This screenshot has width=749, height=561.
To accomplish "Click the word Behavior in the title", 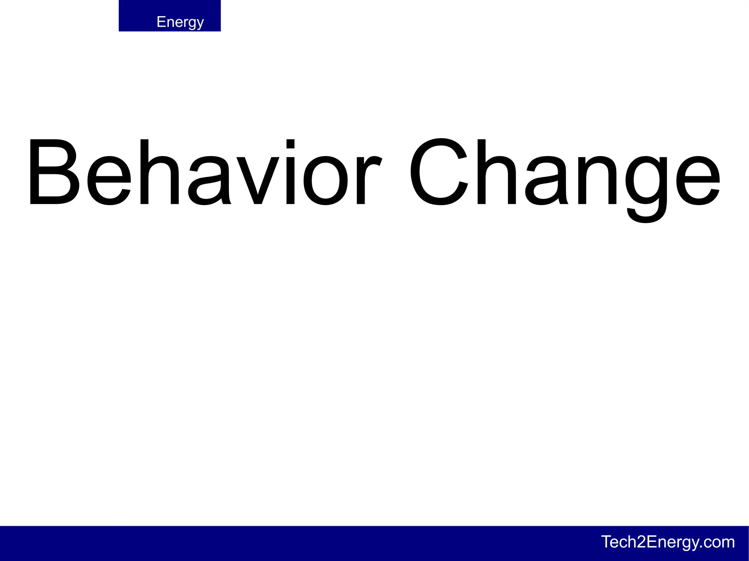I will [205, 172].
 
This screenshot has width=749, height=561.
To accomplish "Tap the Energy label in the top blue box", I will [180, 22].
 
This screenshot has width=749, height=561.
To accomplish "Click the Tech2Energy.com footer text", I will [668, 542].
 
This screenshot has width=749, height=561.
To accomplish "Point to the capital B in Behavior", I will [53, 172].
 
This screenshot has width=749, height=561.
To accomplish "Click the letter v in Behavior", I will [258, 181].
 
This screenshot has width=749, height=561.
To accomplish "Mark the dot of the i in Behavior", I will [290, 144].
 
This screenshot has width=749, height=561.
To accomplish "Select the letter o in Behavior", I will [325, 181].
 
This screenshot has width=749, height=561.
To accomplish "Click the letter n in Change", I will [597, 181].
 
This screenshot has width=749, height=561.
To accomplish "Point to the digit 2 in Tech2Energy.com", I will [641, 542].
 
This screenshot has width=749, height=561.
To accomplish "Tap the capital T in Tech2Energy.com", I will [607, 542].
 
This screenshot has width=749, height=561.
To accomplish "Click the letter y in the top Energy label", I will [199, 24].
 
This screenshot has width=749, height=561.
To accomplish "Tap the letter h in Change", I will [496, 172].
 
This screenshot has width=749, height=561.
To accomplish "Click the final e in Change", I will [698, 181].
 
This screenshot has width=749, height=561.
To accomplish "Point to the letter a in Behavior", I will [208, 181].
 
